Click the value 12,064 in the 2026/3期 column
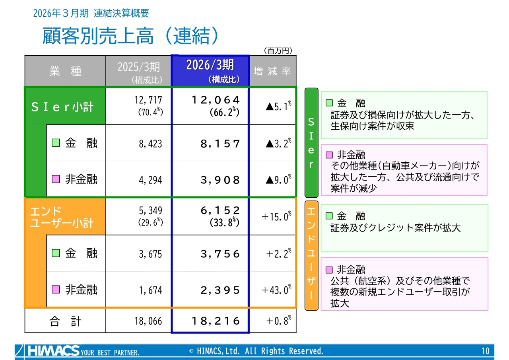point(216,100)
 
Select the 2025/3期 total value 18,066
point(148,321)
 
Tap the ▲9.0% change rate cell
point(278,179)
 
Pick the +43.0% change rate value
point(276,290)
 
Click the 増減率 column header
point(272,71)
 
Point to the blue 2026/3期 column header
point(210,71)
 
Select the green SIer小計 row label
point(62,107)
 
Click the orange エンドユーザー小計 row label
point(62,217)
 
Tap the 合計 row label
point(65,321)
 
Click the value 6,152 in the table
point(220,210)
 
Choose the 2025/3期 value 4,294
point(150,180)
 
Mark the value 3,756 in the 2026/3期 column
point(220,254)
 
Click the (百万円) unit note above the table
point(278,51)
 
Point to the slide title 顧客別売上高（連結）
point(130,36)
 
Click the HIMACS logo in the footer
point(54,351)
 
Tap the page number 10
point(486,351)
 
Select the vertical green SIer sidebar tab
point(311,143)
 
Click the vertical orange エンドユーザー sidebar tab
point(311,255)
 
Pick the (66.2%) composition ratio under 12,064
point(224,112)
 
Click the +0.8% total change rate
point(279,321)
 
